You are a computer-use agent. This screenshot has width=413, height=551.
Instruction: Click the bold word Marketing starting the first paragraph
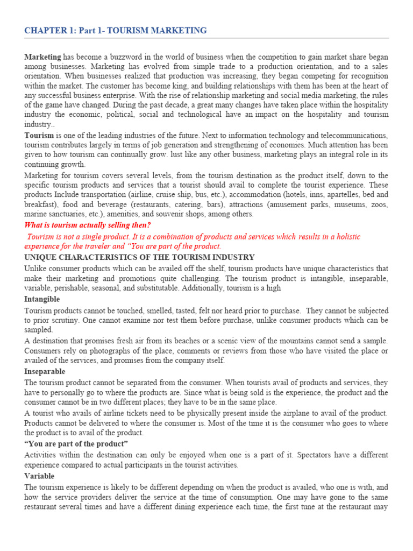[43, 57]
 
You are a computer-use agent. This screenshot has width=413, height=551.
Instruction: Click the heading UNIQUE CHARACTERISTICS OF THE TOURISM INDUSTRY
[139, 257]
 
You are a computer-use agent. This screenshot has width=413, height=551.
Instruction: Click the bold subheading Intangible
[42, 299]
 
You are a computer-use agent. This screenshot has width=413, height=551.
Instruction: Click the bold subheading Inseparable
[45, 371]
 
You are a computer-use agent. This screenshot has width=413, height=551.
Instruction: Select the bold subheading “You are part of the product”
[76, 443]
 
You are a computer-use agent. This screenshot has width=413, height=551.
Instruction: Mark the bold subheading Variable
[39, 476]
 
